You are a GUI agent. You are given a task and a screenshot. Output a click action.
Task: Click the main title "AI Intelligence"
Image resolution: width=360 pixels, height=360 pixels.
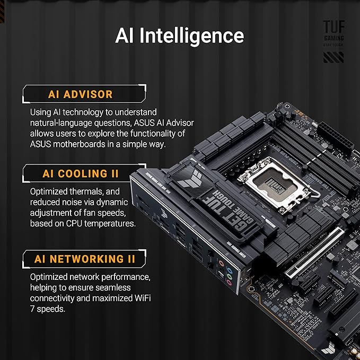(180, 35)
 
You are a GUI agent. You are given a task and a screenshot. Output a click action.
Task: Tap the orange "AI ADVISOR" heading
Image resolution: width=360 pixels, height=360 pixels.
(81, 94)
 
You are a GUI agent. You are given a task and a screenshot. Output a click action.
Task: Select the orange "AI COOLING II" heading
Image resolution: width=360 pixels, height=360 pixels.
(81, 173)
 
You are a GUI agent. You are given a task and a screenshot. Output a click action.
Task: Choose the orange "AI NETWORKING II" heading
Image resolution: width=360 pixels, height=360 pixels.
(85, 259)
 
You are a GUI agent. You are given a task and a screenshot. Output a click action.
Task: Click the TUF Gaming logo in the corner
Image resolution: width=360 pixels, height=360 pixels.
(333, 41)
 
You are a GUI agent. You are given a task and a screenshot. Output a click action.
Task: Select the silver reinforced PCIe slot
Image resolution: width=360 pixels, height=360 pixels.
(314, 252)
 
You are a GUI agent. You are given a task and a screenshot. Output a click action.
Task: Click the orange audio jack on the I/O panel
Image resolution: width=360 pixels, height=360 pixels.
(221, 263)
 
